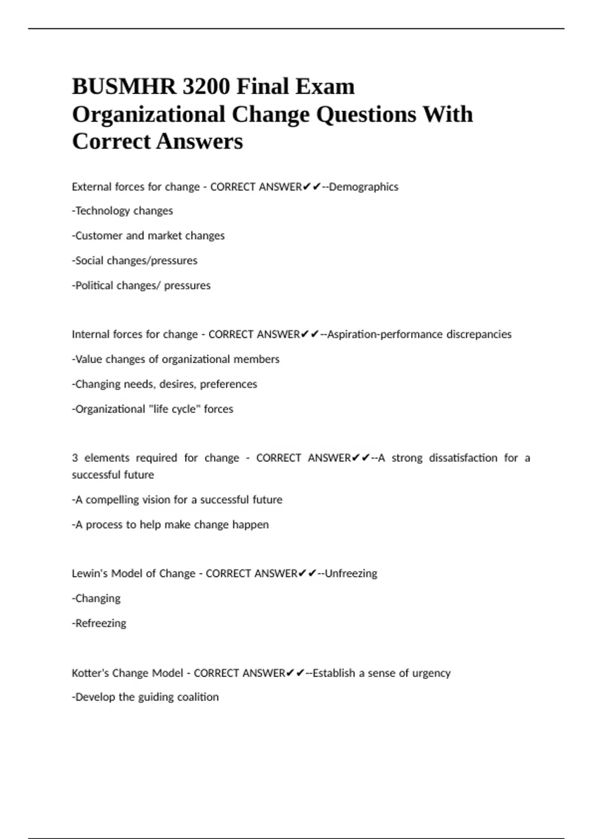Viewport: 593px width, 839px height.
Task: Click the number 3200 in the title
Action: tap(206, 87)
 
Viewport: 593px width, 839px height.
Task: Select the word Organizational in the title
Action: tap(149, 114)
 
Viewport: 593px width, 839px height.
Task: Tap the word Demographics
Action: tap(364, 187)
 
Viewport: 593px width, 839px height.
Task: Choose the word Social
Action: tap(89, 260)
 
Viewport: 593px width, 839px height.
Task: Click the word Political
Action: tap(93, 285)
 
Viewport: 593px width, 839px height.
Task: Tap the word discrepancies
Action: tap(479, 334)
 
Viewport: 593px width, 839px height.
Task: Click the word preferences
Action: tap(228, 384)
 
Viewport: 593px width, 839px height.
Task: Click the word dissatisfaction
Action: tap(463, 458)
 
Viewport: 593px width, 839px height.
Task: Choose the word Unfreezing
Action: tap(351, 573)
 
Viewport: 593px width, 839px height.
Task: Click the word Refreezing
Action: tap(101, 623)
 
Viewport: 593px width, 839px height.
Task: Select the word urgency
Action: tap(431, 673)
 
